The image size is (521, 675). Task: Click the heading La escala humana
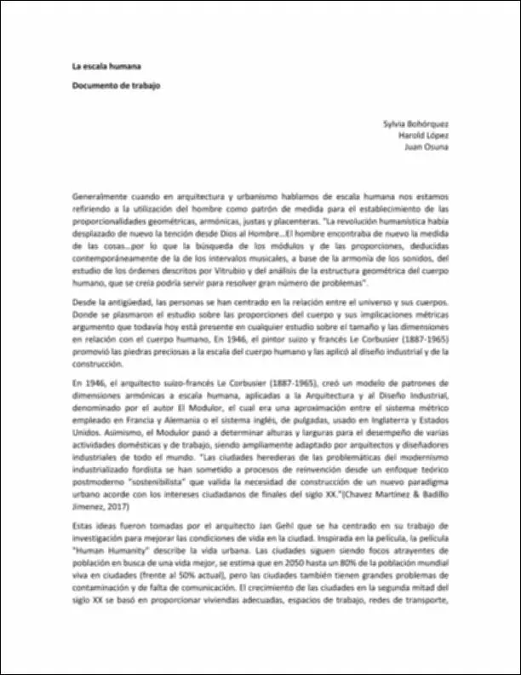click(x=106, y=66)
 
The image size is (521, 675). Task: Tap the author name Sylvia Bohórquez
click(x=416, y=123)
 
